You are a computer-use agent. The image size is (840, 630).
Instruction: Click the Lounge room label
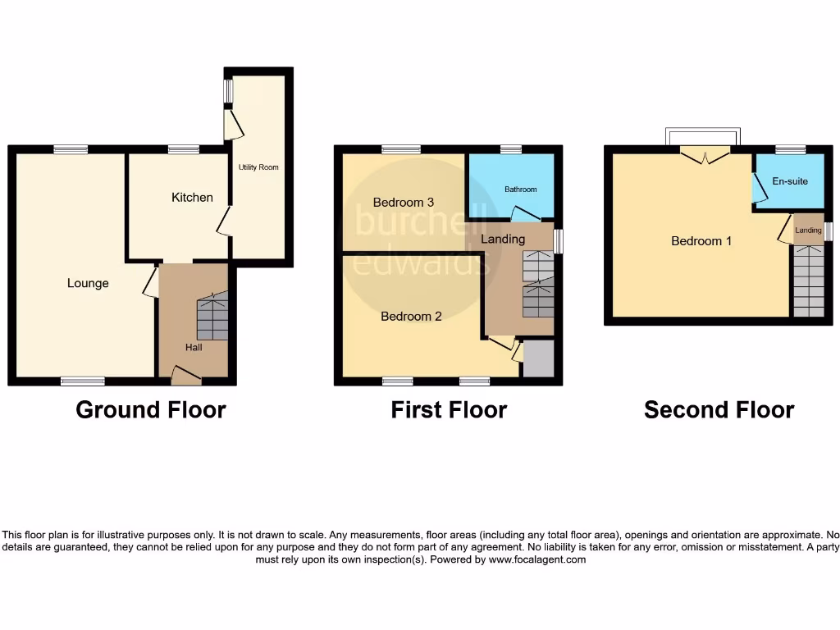[88, 283]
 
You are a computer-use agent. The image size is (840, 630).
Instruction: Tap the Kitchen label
[192, 197]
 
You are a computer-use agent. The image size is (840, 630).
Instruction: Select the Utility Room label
[258, 167]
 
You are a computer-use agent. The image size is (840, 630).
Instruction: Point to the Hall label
[194, 347]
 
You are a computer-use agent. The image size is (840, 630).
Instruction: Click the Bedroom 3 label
[403, 202]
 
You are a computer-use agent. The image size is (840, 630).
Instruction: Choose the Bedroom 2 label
[411, 316]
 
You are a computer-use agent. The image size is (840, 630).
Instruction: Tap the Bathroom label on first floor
[520, 189]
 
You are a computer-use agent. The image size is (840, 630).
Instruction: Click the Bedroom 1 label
[701, 241]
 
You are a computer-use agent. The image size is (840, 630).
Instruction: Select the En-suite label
[789, 181]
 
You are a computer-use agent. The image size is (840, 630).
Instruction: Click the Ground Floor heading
[151, 409]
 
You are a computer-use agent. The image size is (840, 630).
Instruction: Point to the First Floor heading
[449, 409]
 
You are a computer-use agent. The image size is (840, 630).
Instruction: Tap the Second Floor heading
[719, 409]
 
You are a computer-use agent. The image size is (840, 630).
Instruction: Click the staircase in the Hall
[212, 317]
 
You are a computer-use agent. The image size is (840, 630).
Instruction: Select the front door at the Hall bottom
[186, 377]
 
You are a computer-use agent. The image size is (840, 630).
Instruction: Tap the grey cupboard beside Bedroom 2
[538, 359]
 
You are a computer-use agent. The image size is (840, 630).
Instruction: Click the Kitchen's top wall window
[184, 149]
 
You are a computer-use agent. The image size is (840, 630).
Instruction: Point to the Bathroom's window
[511, 149]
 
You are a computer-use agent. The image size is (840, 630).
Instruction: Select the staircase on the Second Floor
[808, 281]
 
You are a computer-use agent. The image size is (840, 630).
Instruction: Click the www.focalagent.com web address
[537, 559]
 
